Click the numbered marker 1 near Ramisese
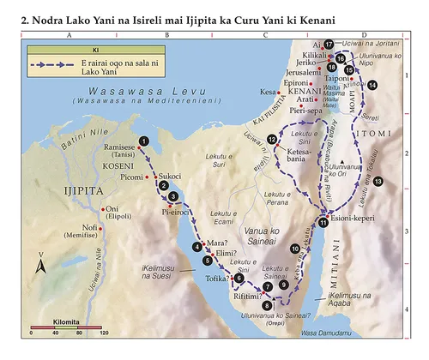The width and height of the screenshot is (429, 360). (144, 140)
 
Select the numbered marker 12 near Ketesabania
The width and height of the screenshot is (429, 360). (271, 139)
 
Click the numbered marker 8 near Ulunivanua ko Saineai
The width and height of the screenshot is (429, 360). (267, 304)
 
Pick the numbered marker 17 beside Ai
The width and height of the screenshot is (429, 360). (329, 43)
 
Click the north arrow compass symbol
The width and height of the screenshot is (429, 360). (40, 269)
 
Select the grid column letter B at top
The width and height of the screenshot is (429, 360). (166, 37)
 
